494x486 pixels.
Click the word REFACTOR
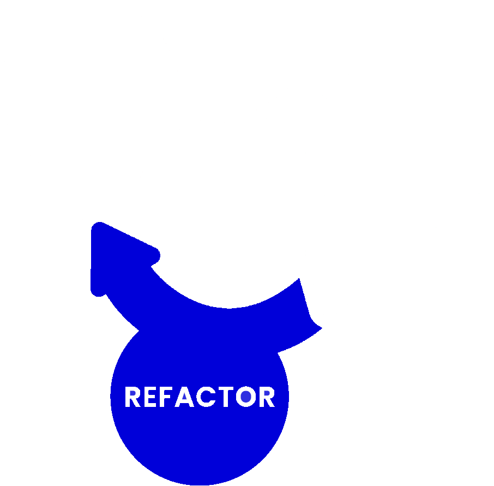(x=200, y=397)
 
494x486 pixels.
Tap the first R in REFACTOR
(x=133, y=397)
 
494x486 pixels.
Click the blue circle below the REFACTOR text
(x=200, y=442)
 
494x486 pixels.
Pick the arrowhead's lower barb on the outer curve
(x=98, y=291)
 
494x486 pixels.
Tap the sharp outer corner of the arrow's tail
(x=321, y=328)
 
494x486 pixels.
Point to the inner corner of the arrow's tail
(x=299, y=279)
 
